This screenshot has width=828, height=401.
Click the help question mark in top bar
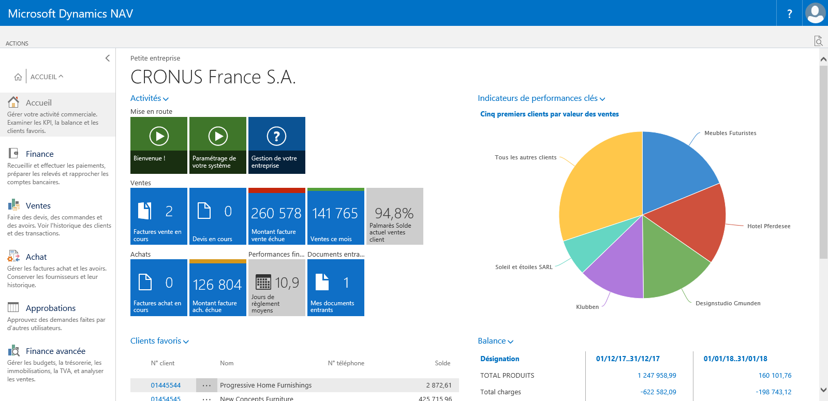(x=789, y=14)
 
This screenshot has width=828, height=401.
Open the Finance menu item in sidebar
(x=39, y=154)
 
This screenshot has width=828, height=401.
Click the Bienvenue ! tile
(x=159, y=145)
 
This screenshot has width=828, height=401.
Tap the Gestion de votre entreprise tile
(x=277, y=145)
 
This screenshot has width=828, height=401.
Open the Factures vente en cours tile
(x=159, y=216)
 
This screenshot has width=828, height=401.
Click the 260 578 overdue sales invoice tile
(x=277, y=216)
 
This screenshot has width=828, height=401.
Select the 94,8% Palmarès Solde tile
(x=395, y=216)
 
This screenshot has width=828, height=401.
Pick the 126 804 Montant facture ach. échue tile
(x=218, y=288)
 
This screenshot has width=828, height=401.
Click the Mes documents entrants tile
(x=336, y=288)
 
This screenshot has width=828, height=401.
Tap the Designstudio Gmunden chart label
(x=728, y=304)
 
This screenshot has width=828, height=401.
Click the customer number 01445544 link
(x=166, y=385)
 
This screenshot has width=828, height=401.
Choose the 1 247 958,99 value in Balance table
(x=657, y=376)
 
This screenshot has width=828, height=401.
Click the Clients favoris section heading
(x=156, y=341)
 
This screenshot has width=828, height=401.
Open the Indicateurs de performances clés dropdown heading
(x=538, y=98)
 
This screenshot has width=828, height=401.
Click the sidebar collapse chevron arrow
(x=108, y=58)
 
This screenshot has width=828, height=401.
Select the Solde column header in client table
(x=442, y=363)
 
